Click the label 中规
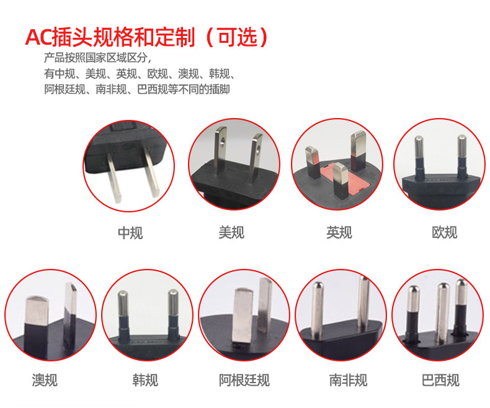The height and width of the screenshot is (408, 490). coord(130,233)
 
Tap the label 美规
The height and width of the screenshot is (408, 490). coord(231,232)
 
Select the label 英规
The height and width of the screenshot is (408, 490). coord(339,232)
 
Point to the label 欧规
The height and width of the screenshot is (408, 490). coord(444,232)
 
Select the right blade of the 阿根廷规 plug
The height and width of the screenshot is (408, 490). coord(265,307)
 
